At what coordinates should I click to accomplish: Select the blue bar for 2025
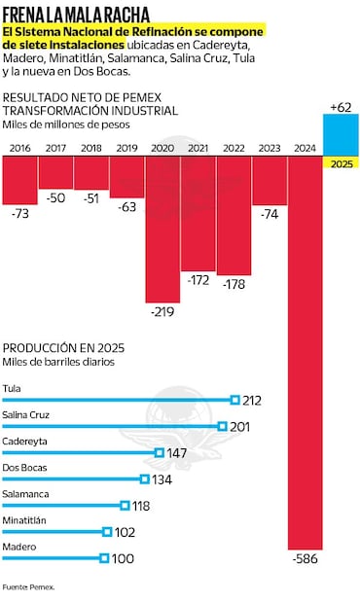point(341,133)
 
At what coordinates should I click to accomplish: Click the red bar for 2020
point(162,229)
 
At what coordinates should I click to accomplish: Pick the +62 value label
point(341,106)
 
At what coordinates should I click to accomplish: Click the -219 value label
point(162,312)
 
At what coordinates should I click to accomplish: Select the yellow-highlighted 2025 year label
point(341,163)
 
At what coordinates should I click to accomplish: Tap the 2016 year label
point(19,148)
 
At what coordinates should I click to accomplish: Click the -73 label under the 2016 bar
point(19,212)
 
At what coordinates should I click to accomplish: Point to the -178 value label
point(234,284)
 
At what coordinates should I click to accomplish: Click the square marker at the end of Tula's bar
point(234,399)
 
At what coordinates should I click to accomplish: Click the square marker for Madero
point(103,557)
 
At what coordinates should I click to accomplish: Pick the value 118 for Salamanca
point(143,506)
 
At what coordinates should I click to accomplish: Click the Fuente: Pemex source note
point(28,587)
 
